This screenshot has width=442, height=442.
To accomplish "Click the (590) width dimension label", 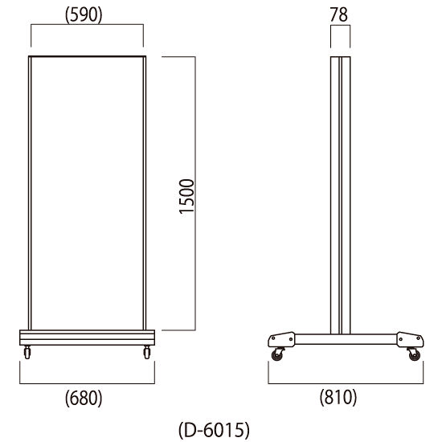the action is click(x=84, y=14).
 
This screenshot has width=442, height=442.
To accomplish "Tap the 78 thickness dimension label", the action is click(x=339, y=14).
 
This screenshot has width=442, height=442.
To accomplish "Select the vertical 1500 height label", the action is click(x=186, y=196).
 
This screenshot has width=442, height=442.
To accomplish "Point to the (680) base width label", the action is click(x=84, y=398).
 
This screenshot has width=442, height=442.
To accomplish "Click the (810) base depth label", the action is click(x=338, y=398).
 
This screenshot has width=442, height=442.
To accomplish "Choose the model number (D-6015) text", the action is click(x=215, y=430).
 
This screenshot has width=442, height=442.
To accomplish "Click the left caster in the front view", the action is click(x=27, y=352).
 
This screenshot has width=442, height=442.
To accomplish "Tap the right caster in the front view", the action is click(x=147, y=352).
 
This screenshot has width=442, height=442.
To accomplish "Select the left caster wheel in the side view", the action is click(x=277, y=355).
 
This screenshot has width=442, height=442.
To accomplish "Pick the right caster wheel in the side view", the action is click(x=415, y=355).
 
